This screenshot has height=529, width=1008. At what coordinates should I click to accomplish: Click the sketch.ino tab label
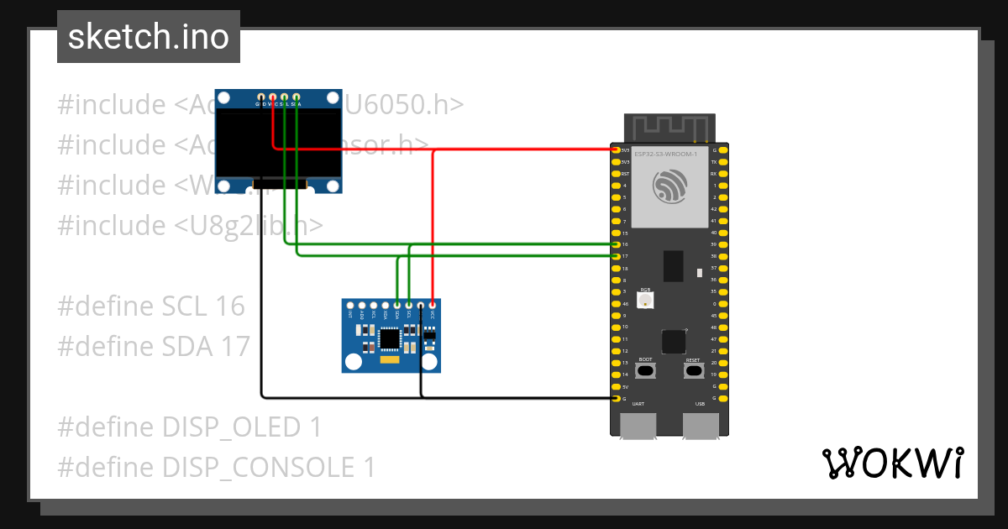tap(149, 37)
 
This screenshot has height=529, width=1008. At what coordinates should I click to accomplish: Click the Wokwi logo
tap(892, 463)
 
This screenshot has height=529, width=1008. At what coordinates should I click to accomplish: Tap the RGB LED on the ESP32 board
tap(645, 301)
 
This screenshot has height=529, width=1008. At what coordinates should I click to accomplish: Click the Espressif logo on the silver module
tap(669, 186)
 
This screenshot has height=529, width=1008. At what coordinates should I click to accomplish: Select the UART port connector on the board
tap(638, 426)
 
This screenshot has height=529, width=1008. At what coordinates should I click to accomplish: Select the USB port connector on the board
tap(701, 426)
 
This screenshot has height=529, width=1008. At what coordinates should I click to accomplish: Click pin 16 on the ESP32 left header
tap(616, 244)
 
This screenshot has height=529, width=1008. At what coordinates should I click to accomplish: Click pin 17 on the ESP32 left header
tap(616, 256)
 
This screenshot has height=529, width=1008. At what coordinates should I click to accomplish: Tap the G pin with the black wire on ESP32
tap(616, 398)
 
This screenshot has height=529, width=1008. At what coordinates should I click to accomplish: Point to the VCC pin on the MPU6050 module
tap(433, 305)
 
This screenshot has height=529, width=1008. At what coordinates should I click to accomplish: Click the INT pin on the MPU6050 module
tap(350, 305)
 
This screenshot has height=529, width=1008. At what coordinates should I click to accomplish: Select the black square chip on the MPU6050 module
tap(391, 338)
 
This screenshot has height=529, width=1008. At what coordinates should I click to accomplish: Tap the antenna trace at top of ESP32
tap(669, 128)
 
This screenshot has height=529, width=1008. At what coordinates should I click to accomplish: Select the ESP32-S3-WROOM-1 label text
tap(665, 155)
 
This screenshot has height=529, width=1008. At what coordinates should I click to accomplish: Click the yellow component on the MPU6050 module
tap(390, 360)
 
